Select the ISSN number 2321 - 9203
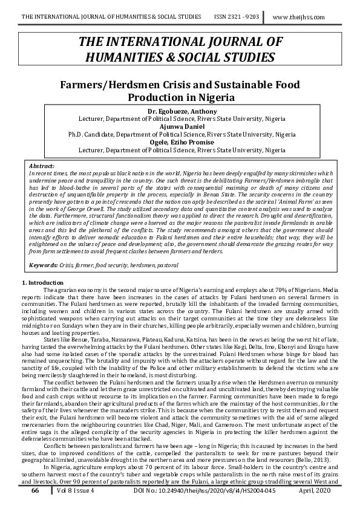(x=240, y=18)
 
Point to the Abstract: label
(x=42, y=165)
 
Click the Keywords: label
(x=44, y=265)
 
